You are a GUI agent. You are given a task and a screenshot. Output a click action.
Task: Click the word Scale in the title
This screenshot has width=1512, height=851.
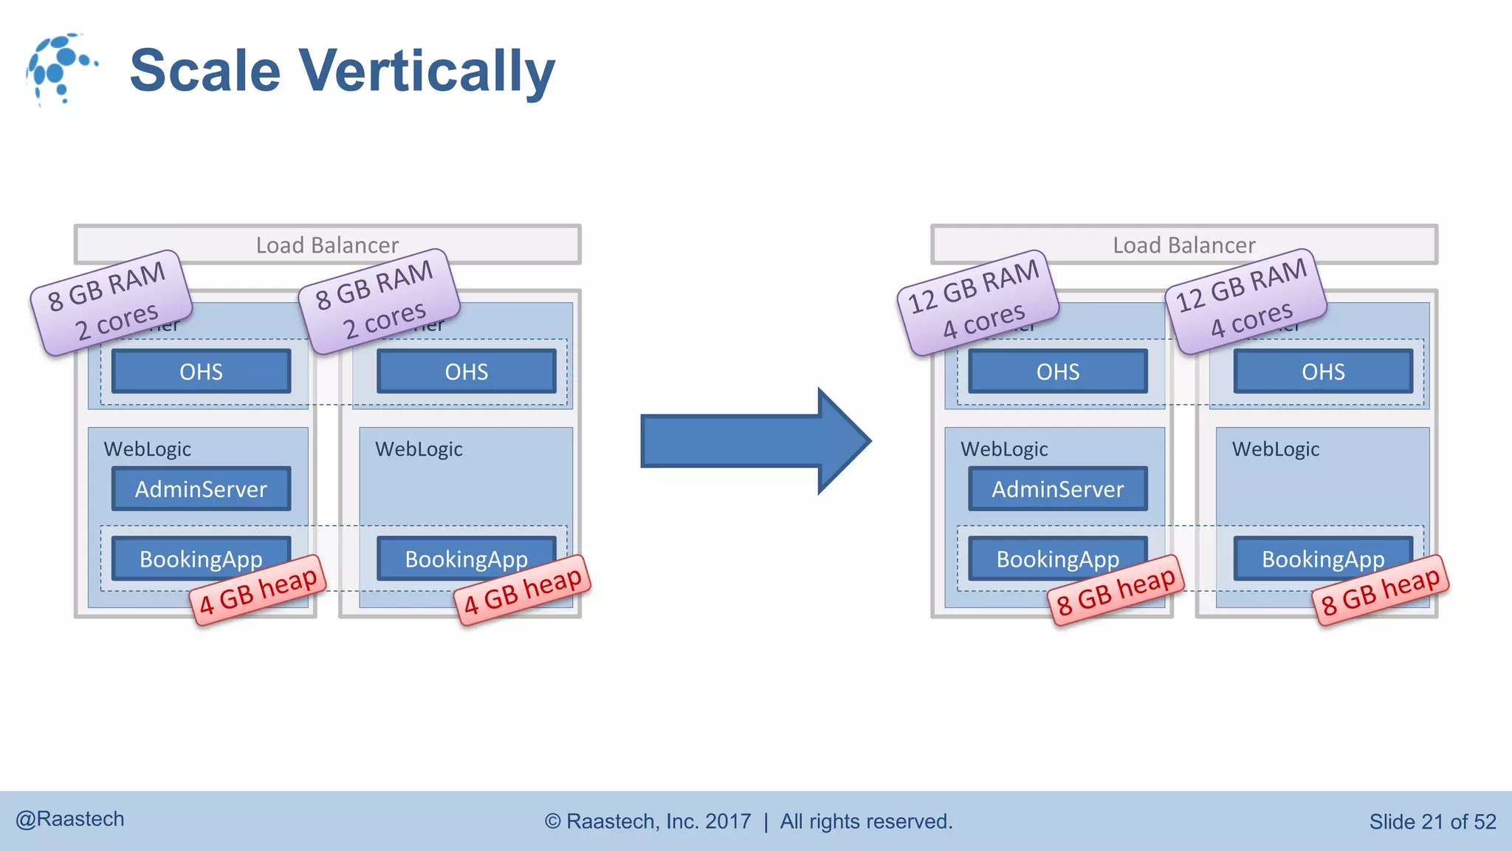point(205,72)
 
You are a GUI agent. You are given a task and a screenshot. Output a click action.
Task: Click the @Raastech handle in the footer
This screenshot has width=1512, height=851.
point(70,819)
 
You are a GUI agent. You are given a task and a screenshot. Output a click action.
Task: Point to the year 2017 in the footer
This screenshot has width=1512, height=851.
point(728,821)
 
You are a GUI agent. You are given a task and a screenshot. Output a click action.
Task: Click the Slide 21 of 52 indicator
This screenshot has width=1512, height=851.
point(1432,821)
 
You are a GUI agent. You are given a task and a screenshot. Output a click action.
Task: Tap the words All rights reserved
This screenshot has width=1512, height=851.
point(866,821)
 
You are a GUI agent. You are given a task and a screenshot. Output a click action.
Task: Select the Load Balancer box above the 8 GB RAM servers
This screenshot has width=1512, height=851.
point(327,244)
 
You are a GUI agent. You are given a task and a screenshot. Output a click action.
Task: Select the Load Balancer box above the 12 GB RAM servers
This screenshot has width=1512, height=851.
point(1184,244)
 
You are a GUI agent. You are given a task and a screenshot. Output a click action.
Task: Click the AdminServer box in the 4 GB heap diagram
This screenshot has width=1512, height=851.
point(201,488)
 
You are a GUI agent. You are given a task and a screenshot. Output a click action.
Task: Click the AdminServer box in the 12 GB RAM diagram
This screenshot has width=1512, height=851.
point(1057,488)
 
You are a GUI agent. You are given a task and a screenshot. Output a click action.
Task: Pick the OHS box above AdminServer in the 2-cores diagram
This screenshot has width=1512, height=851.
point(201,371)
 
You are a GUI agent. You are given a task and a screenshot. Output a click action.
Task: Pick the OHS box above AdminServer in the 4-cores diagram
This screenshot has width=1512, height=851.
point(1057,371)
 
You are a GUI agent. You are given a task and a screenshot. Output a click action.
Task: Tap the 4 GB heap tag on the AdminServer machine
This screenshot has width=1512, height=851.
point(258,590)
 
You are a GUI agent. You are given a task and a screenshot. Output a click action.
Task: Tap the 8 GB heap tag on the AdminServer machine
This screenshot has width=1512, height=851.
point(1116,590)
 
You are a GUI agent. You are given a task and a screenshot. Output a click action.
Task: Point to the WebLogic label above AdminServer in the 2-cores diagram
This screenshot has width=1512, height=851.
point(148,449)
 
